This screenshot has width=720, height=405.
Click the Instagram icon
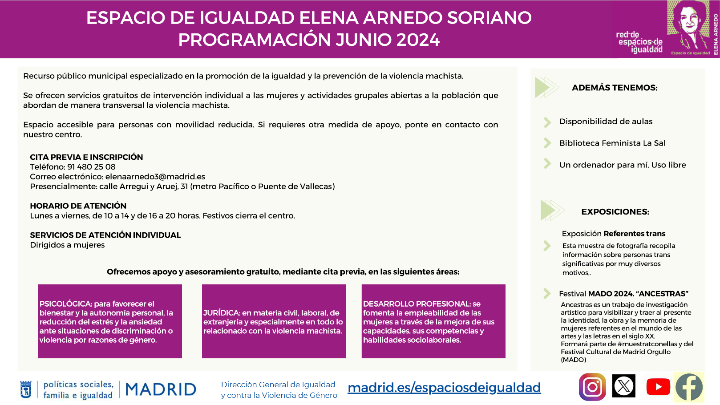coord(592,387)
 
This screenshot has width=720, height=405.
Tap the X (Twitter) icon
coord(623,386)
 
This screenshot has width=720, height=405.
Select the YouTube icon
coord(658,387)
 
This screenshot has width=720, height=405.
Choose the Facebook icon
coord(689,387)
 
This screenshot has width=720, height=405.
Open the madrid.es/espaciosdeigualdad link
coord(444,388)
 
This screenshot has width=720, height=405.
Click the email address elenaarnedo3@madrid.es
coord(155,176)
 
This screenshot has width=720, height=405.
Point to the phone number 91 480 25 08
coord(91,167)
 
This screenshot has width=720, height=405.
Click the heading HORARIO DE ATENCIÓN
coord(78,206)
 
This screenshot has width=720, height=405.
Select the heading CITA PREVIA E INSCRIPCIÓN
coord(86,157)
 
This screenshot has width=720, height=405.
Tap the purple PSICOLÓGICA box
coord(110,321)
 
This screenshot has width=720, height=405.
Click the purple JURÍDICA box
coord(274,321)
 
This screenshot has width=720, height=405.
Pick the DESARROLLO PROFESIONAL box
coord(433,321)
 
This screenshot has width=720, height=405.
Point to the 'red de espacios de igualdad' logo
coord(639,42)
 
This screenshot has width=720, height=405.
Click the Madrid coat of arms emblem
coord(26,389)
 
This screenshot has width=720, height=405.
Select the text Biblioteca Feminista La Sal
coord(612,143)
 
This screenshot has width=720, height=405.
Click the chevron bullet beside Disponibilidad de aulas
coord(547,122)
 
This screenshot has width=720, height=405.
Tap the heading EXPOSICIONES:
coord(615,212)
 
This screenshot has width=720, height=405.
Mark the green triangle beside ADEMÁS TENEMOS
coord(542,87)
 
